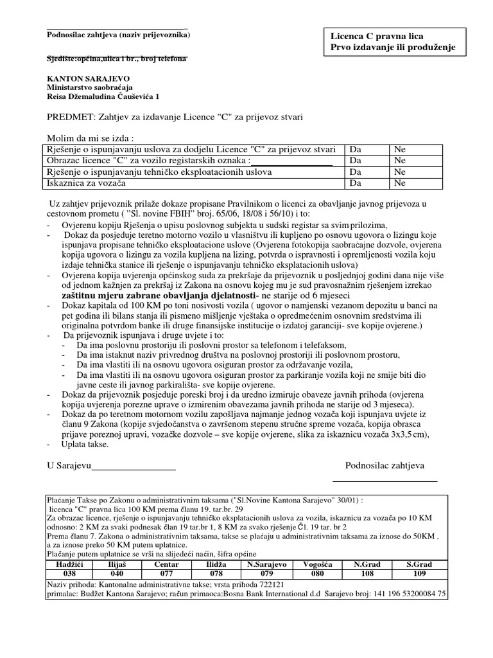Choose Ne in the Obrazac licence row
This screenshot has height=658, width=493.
tap(400, 161)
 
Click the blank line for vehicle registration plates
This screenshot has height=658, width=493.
tap(291, 161)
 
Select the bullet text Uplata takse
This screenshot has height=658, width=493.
tap(86, 445)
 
